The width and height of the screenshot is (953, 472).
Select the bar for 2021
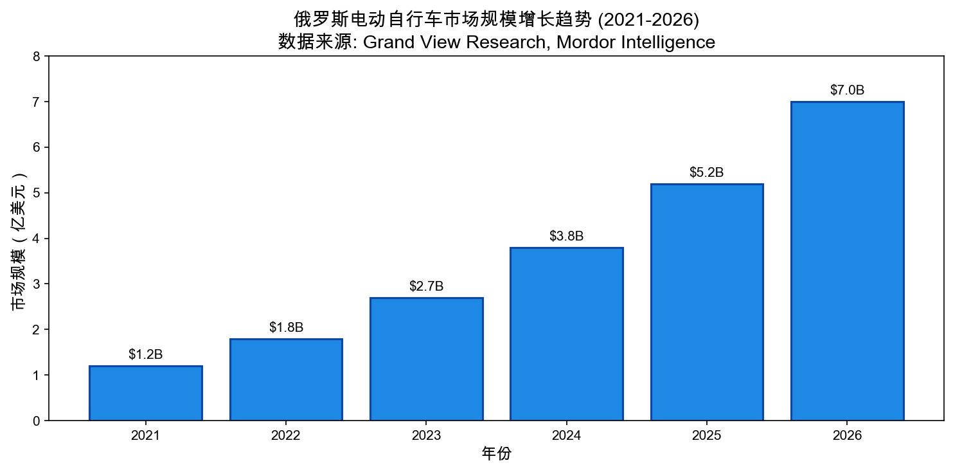pos(145,393)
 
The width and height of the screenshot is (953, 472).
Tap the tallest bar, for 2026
pos(847,260)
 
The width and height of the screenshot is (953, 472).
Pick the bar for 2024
pos(566,334)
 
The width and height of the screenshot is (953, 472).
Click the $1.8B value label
pos(286,328)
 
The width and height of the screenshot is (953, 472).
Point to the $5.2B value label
pos(706,172)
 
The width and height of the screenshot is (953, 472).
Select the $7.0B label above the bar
pos(847,91)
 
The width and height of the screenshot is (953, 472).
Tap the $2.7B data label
pos(426,287)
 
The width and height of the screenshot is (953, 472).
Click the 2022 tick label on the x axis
pos(286,436)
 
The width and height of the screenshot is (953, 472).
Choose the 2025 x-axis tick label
pos(706,436)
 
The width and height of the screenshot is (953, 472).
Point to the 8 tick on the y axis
pos(37,57)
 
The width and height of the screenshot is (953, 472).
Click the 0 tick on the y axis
pos(37,421)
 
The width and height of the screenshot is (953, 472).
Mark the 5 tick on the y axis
pos(37,193)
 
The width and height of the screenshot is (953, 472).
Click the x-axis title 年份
pos(496,454)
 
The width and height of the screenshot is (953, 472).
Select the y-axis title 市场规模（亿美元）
pos(20,239)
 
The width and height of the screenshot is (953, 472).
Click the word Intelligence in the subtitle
pos(669,42)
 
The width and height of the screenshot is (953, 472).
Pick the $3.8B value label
pos(566,237)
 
